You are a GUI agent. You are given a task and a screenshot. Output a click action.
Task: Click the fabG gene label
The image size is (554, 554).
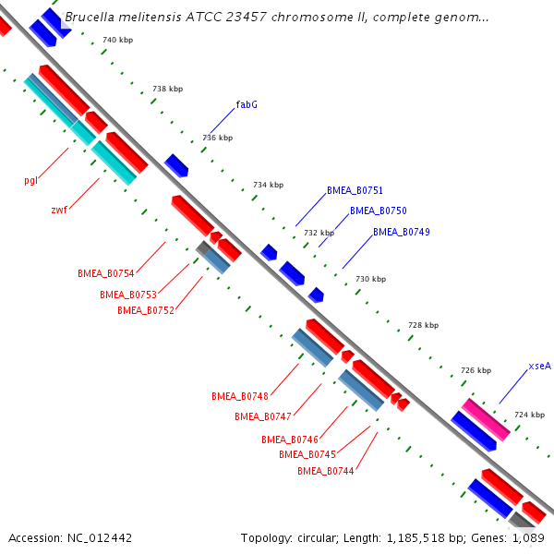pos(247,104)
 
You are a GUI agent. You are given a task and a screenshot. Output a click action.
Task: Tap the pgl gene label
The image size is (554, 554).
pos(30,180)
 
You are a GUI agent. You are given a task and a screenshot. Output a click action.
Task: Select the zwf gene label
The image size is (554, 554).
pos(59,210)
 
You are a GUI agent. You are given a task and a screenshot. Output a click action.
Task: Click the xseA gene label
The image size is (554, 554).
pos(540,366)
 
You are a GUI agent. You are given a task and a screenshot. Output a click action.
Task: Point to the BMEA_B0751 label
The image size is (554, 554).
pos(355,190)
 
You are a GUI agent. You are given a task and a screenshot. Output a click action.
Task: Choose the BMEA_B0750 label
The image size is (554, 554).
pos(378,211)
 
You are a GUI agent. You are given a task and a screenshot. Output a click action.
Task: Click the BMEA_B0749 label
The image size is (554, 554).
pos(401,232)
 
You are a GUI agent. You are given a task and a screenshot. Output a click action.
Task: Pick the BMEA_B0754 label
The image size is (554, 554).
pos(106,273)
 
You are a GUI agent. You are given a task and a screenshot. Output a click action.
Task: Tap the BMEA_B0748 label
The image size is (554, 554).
pos(239,396)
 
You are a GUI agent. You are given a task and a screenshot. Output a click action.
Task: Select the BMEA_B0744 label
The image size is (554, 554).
pos(325,471)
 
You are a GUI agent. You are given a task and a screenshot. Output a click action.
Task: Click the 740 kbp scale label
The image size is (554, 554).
pos(117,41)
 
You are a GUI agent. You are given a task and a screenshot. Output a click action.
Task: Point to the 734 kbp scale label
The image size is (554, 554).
pos(268,186)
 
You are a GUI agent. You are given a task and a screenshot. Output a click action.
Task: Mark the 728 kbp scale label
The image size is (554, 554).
pos(423,325)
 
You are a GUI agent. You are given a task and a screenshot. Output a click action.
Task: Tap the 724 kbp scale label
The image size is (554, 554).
pos(529,415)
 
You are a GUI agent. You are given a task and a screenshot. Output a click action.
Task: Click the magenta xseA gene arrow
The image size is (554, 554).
pos(486,419)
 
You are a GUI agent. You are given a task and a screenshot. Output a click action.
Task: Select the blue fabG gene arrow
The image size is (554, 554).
pos(176,165)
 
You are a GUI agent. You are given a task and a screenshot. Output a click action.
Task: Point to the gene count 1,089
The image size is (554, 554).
pos(528,537)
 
